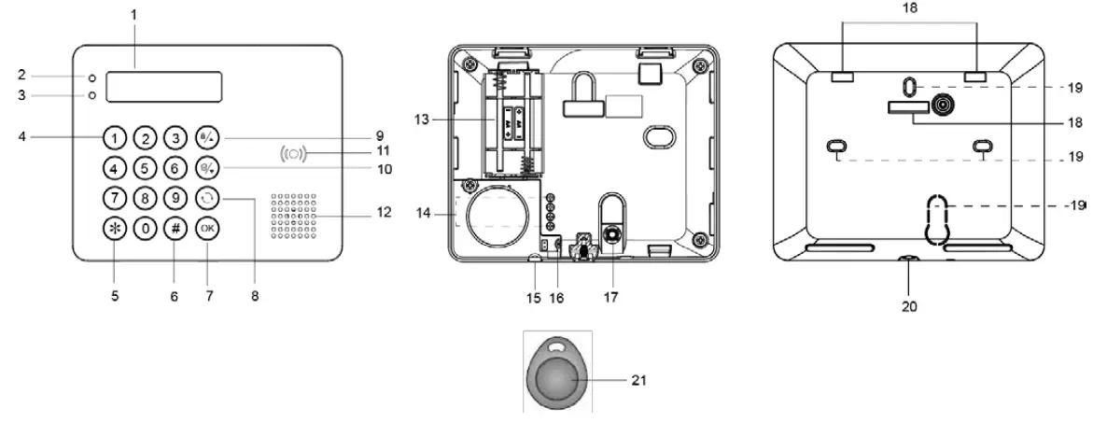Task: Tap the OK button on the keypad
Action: [x=207, y=229]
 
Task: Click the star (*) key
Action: [x=113, y=229]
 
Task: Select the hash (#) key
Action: [x=175, y=229]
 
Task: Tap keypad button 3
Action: [x=175, y=139]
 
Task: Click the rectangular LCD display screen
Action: [x=164, y=87]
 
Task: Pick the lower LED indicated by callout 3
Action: [x=92, y=96]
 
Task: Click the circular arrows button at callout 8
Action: [x=207, y=199]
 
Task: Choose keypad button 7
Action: [x=113, y=199]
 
